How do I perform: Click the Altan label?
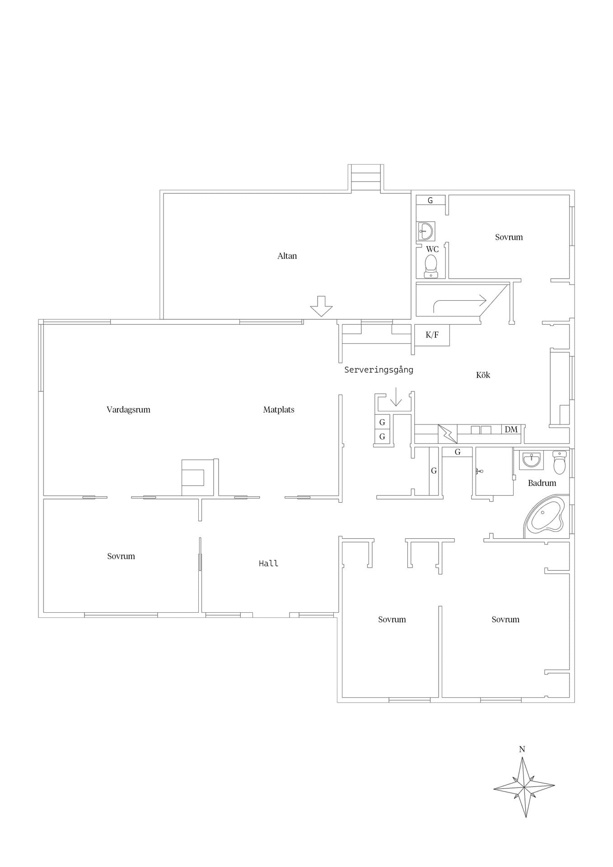point(287,256)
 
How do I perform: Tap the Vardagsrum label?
point(128,410)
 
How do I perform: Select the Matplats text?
point(279,410)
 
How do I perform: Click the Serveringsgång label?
point(379,370)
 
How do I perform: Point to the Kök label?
point(483,375)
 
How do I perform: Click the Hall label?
point(268,563)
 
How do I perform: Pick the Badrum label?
point(542,483)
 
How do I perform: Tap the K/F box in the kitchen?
point(432,335)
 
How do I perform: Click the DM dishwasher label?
point(511,429)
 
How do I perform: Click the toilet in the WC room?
point(431,266)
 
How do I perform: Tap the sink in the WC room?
point(426,231)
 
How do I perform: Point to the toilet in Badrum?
point(559,462)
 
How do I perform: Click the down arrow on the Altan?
point(321,306)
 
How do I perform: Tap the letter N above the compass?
point(522,749)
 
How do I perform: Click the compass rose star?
point(524,787)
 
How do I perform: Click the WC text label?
point(432,249)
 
